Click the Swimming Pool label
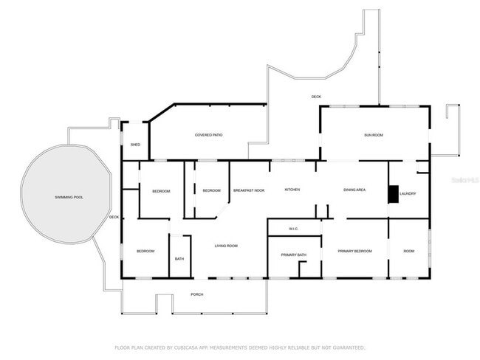click(x=69, y=198)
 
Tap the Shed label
click(x=135, y=145)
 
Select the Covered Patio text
click(x=208, y=135)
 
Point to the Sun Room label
click(x=373, y=135)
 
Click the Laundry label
click(x=408, y=194)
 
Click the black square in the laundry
click(x=393, y=193)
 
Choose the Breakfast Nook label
click(x=249, y=190)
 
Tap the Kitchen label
click(x=292, y=190)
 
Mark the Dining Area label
click(x=354, y=190)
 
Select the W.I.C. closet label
click(x=293, y=228)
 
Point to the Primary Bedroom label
click(x=354, y=252)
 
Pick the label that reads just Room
click(x=408, y=252)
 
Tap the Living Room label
click(x=226, y=246)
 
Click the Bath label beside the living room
click(x=179, y=259)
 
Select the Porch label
click(x=197, y=294)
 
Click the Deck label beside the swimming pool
click(x=114, y=217)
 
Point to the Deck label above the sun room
click(x=316, y=97)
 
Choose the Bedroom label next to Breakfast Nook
click(x=212, y=191)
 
